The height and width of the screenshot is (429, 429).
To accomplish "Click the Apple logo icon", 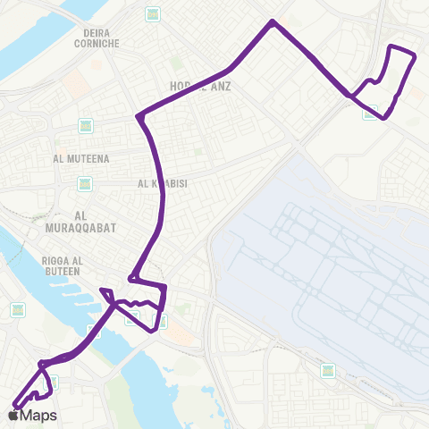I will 13,416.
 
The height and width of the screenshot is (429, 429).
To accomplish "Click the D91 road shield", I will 153,14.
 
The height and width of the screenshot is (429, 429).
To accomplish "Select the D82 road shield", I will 85,125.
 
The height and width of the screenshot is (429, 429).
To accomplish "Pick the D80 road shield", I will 85,184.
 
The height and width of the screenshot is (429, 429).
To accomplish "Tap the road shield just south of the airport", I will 327,370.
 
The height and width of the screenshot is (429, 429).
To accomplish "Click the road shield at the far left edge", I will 18,309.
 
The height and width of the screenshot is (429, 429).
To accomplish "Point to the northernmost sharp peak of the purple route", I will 272,21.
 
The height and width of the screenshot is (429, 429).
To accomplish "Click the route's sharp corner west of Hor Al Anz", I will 138,116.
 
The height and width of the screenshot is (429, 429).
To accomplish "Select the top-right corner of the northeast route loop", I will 416,56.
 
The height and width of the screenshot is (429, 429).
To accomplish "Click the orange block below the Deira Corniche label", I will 74,83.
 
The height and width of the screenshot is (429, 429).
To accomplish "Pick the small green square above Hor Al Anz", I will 175,63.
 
